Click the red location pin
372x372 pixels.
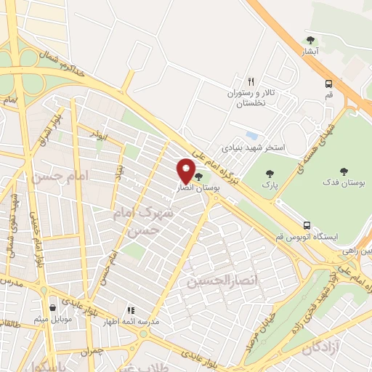[x=186, y=170]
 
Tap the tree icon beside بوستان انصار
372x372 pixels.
[x=199, y=177]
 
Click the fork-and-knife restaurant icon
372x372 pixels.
[x=251, y=82]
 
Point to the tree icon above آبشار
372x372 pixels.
[x=311, y=40]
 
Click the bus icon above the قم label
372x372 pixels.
[x=329, y=84]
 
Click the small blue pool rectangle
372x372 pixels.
[x=251, y=136]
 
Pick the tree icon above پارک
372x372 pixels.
[x=270, y=174]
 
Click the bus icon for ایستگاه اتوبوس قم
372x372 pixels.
[x=307, y=225]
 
